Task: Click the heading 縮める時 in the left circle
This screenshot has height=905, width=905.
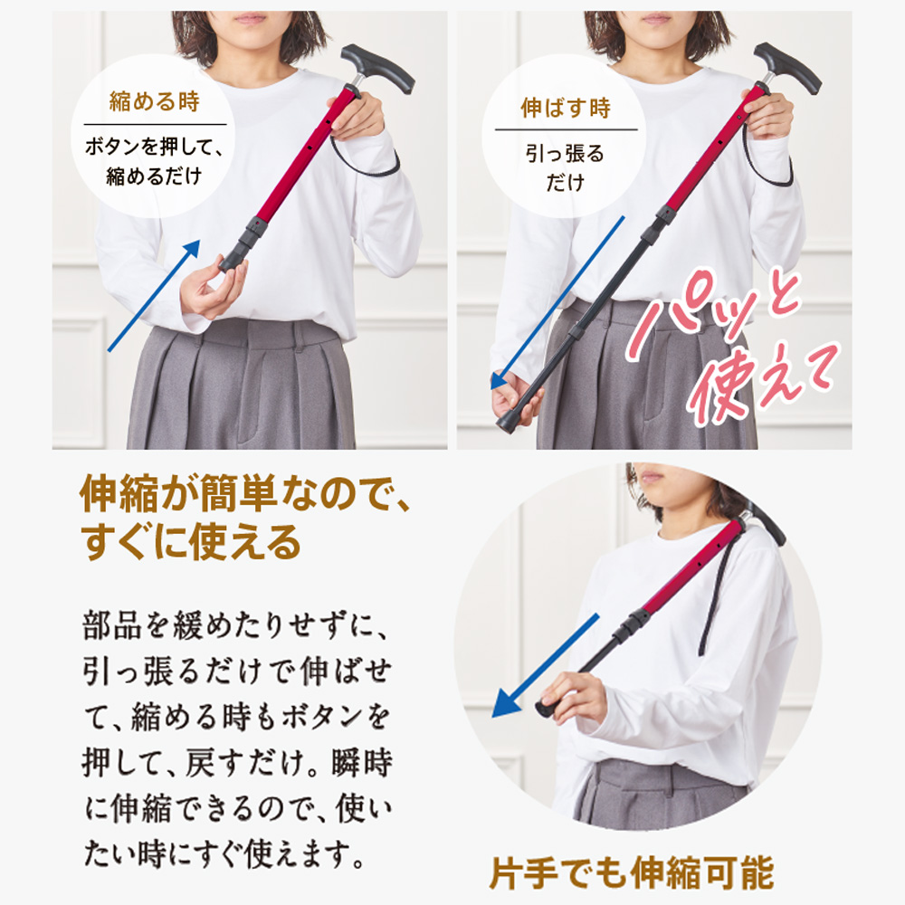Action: pos(154,101)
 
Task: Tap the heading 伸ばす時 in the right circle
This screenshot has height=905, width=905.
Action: pos(566,108)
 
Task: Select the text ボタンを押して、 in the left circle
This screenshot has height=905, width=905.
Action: pos(154,147)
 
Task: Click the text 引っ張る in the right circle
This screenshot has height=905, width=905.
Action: pos(565,154)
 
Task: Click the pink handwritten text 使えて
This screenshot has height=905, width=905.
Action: pos(763,385)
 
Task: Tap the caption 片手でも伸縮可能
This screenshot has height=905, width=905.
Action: pos(632,873)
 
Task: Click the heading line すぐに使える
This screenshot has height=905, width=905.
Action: pos(191,542)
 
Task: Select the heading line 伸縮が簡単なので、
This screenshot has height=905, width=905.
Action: pos(245,494)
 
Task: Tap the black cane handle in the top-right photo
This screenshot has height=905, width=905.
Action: pos(787,67)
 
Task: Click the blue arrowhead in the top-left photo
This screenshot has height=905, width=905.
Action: pos(191,250)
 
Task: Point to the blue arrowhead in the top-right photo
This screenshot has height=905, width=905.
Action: pos(500,381)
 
